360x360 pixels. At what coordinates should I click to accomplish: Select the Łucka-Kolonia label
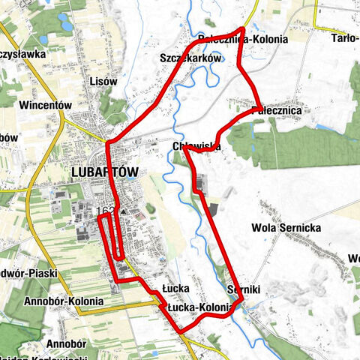[198, 306]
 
